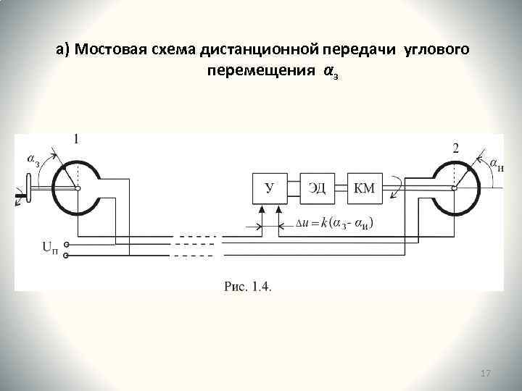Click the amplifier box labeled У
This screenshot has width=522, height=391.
(x=269, y=188)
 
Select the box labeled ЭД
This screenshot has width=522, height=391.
(x=317, y=188)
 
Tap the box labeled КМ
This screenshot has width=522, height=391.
(x=365, y=188)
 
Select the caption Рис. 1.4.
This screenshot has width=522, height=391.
(x=248, y=287)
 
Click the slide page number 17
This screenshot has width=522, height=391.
(x=486, y=373)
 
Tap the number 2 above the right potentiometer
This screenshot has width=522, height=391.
(x=455, y=148)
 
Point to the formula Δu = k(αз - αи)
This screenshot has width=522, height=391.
(x=336, y=223)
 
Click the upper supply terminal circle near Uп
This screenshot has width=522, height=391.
(x=66, y=245)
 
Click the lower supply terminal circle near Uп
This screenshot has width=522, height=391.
(x=66, y=255)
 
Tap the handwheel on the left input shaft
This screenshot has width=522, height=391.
(x=28, y=190)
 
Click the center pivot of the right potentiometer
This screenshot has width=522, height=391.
(x=455, y=188)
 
